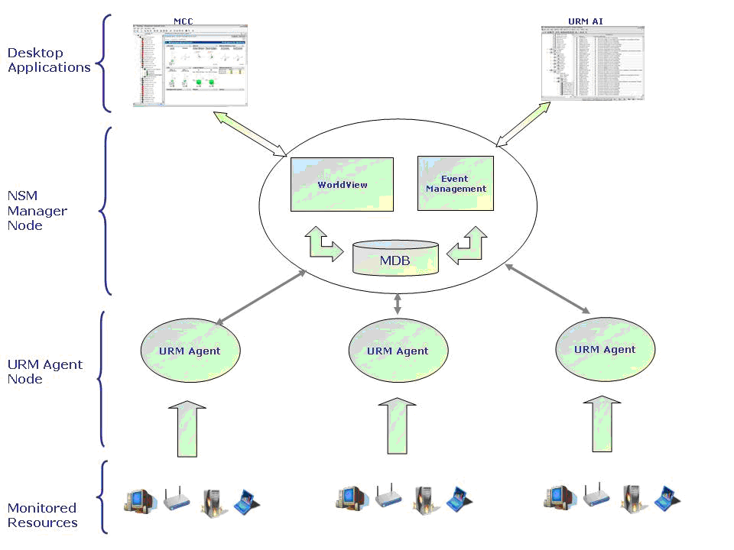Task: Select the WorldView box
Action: [x=342, y=184]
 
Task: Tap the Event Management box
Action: [x=456, y=184]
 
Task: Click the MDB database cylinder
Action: [x=395, y=259]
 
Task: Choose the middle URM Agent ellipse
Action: [x=398, y=351]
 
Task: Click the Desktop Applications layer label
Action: [x=49, y=60]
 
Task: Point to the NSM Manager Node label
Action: [x=37, y=211]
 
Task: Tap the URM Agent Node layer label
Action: [x=44, y=371]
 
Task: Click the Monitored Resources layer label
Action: [x=43, y=515]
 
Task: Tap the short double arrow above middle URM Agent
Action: [x=397, y=303]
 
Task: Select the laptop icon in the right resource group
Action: [x=666, y=499]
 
